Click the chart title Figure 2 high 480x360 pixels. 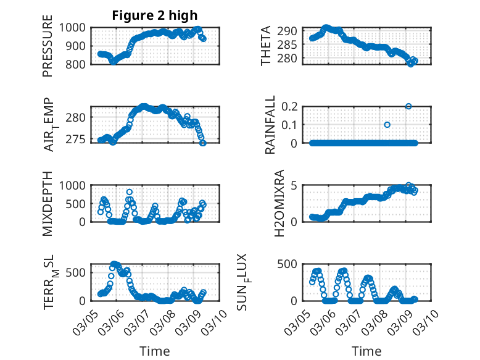155,15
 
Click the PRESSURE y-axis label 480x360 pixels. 48,46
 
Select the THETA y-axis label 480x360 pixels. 266,46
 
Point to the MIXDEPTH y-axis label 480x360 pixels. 48,204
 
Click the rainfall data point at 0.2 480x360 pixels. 408,106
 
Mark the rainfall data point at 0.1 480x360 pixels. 387,125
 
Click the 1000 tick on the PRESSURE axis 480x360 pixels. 74,28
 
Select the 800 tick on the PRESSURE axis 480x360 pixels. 78,64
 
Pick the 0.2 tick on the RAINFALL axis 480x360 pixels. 291,106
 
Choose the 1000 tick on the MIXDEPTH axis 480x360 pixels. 74,185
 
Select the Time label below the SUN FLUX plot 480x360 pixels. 366,351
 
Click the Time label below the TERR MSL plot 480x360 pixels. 155,351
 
